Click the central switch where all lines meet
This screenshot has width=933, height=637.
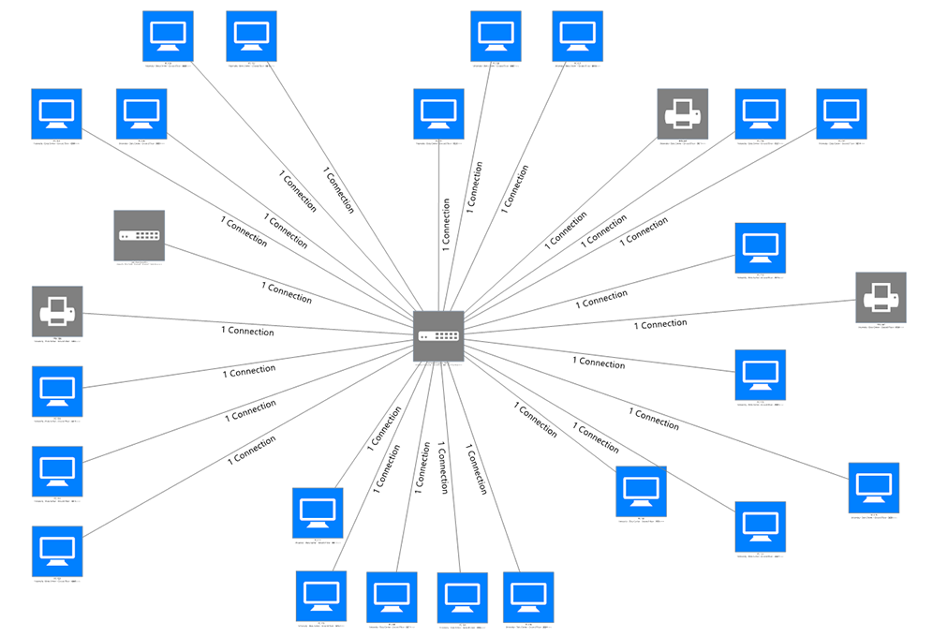tap(438, 335)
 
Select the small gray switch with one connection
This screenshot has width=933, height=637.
tap(139, 235)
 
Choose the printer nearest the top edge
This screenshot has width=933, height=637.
tap(682, 113)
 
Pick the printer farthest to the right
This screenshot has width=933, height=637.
tap(881, 297)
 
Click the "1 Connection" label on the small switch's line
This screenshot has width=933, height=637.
tap(287, 291)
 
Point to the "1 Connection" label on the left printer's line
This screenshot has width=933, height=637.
tap(247, 332)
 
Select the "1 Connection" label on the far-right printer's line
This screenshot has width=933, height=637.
tap(660, 324)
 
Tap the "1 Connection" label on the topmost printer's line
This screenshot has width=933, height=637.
tap(565, 230)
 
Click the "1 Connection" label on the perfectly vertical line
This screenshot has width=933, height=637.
tap(446, 221)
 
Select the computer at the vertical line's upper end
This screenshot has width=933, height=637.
tap(438, 113)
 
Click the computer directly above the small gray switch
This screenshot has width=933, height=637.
tap(141, 113)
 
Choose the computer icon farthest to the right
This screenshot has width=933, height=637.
tap(873, 487)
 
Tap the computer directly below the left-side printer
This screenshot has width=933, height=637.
tap(56, 391)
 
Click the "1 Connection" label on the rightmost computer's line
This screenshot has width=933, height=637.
tap(654, 419)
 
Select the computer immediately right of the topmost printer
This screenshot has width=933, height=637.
tap(760, 113)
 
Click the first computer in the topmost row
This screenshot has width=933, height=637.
tap(168, 36)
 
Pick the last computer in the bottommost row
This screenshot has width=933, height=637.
tap(528, 597)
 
